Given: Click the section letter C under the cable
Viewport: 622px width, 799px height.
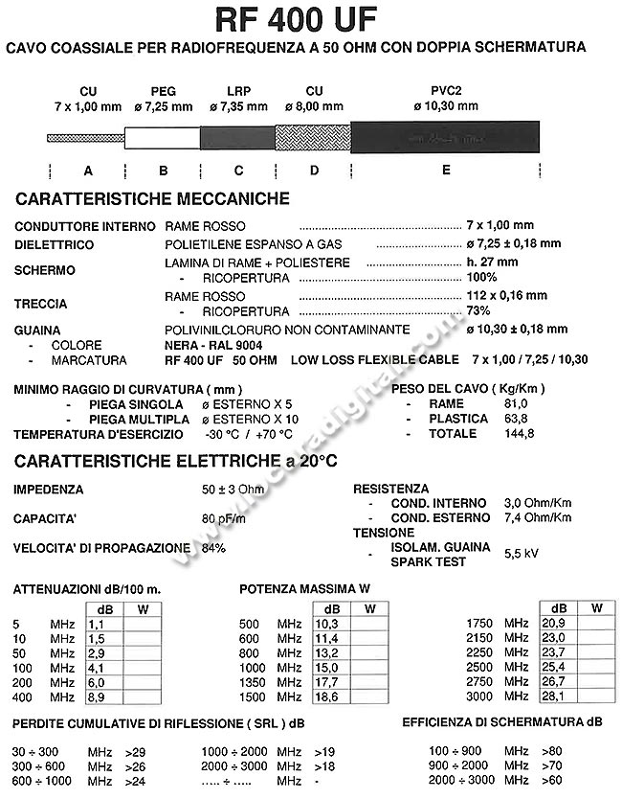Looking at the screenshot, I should coord(238,171).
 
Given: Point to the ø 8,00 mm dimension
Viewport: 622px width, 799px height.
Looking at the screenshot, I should coord(313,106).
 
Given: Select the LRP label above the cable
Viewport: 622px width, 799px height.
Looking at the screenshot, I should coord(238,92).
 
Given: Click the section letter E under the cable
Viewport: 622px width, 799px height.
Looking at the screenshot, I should coord(444,171).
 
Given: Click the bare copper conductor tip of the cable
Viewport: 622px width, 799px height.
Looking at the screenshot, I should coord(86,137).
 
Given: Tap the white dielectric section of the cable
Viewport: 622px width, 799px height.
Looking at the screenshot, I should coord(163,137).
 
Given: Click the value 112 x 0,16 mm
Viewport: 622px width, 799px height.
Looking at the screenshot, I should coord(507,295).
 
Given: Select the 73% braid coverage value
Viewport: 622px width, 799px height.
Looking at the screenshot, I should coord(478,311).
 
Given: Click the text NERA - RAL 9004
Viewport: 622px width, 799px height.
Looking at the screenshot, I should coord(212,344).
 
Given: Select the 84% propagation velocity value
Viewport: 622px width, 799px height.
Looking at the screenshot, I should coord(213,548).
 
